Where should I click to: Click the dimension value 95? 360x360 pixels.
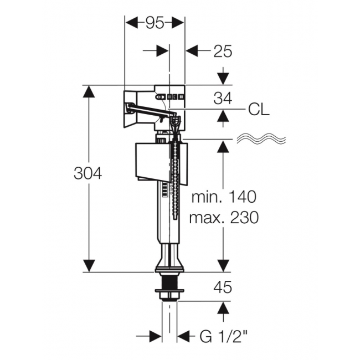click(x=155, y=23)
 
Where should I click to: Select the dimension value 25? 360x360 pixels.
click(x=223, y=51)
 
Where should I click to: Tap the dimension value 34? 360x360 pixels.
click(x=223, y=98)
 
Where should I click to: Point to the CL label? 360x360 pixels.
click(x=259, y=110)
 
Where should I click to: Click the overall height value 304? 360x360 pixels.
click(x=88, y=173)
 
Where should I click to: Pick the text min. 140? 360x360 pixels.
click(x=224, y=197)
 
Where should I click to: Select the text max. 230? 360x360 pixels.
click(x=224, y=218)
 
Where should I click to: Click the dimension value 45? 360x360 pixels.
click(x=223, y=287)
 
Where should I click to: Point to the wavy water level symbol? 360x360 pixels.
click(x=261, y=138)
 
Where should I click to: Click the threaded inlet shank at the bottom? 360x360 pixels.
click(x=169, y=287)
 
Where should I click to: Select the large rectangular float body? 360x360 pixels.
click(x=162, y=163)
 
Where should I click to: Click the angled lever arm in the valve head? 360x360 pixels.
click(x=151, y=109)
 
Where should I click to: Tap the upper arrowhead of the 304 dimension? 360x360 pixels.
click(x=89, y=92)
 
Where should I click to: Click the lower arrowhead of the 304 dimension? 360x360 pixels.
click(x=89, y=266)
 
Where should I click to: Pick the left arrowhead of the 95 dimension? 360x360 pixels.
click(x=131, y=23)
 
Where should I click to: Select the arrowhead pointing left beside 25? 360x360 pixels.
click(x=192, y=51)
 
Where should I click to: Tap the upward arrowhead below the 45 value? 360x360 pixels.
click(x=223, y=308)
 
